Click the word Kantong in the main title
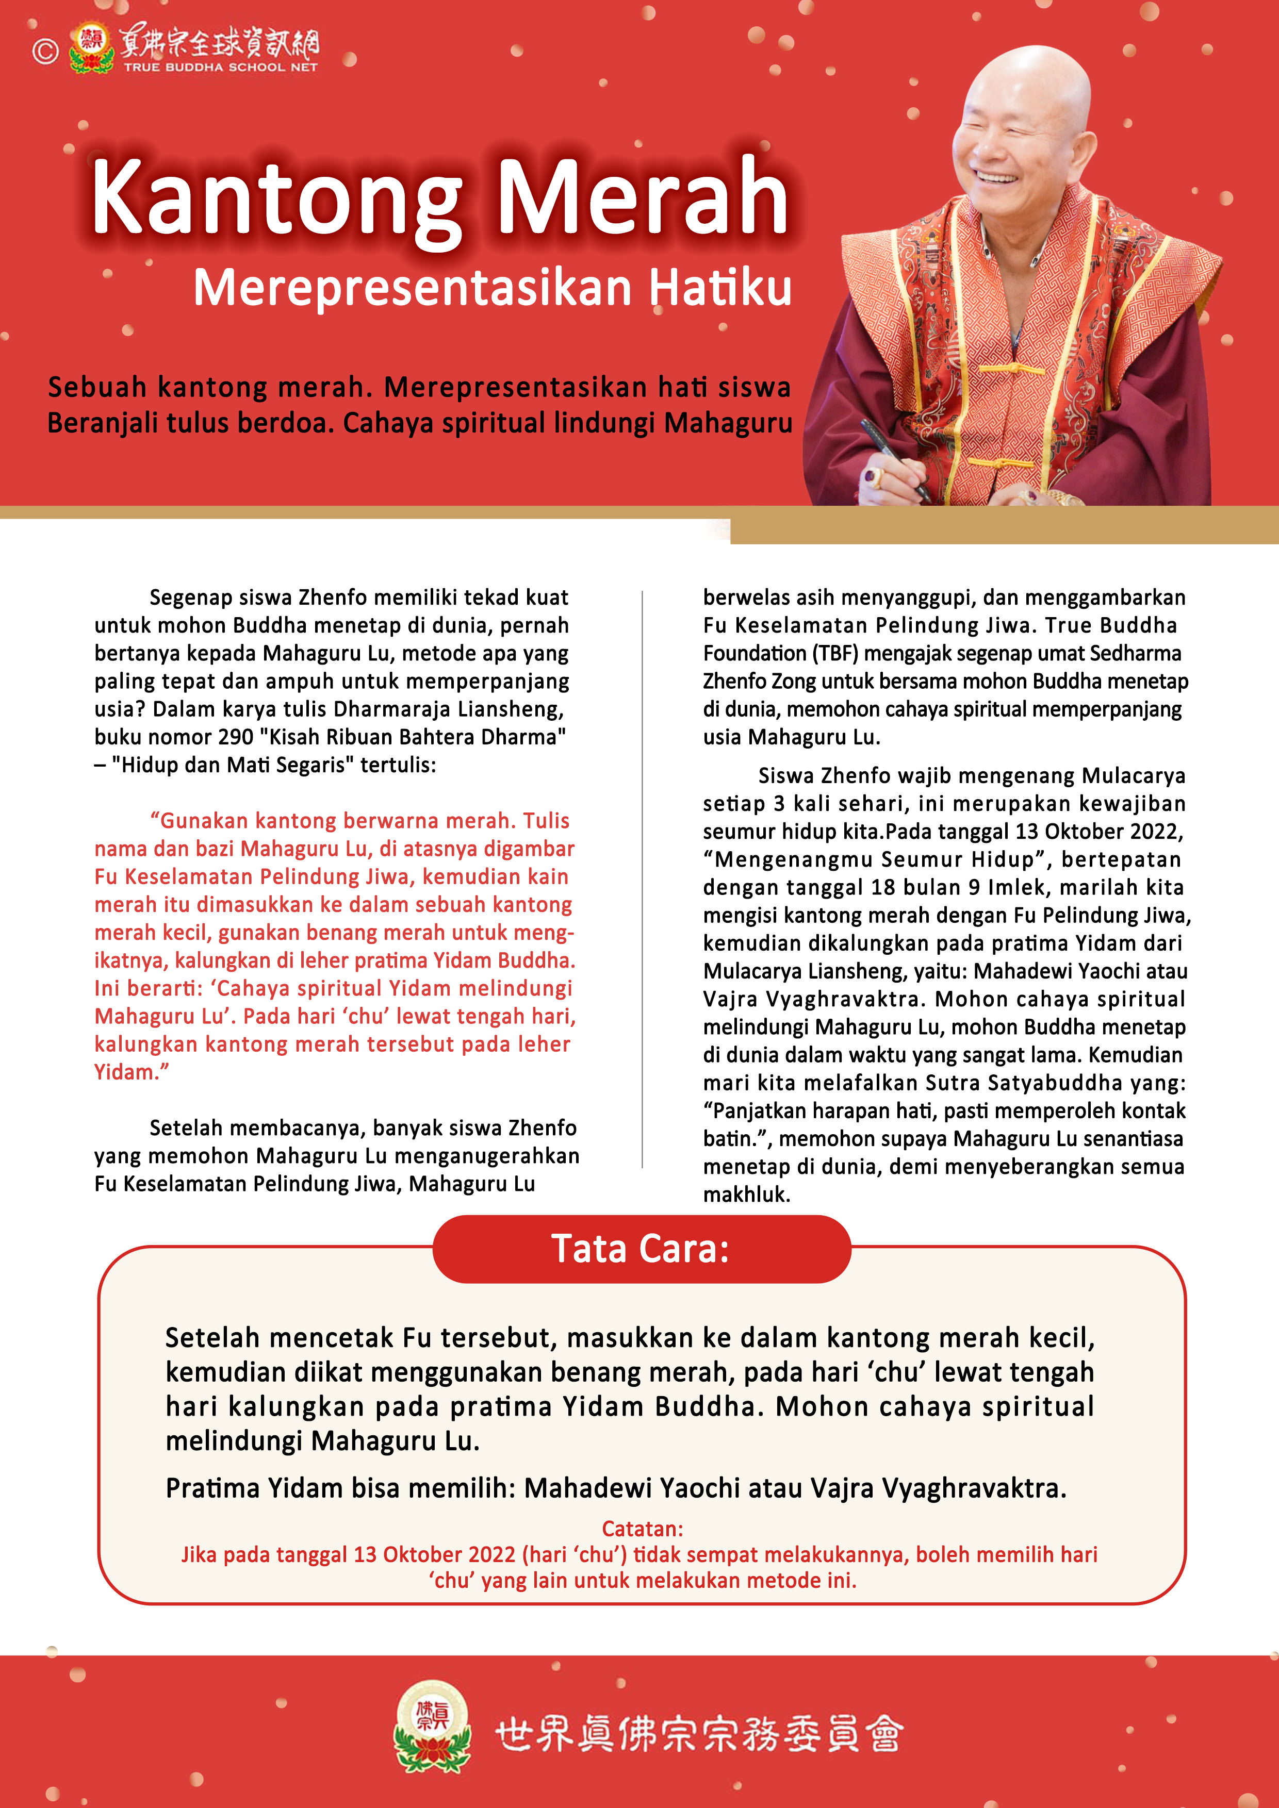(x=275, y=197)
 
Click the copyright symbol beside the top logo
(x=45, y=51)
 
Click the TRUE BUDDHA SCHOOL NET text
(x=220, y=68)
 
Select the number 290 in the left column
(x=236, y=737)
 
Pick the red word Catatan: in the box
(x=642, y=1529)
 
